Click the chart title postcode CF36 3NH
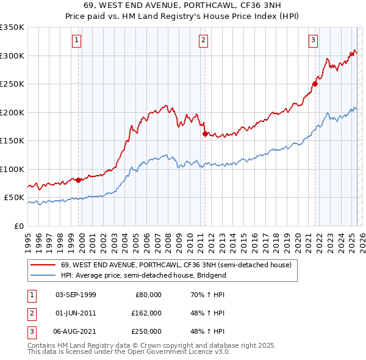point(260,5)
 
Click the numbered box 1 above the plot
point(77,41)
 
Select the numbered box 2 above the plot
point(203,41)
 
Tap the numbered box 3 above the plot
point(312,41)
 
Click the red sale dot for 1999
point(79,180)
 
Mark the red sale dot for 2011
point(204,134)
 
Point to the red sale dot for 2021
point(315,84)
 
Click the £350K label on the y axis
point(12,27)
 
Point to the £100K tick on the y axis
point(12,169)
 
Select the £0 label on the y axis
point(18,226)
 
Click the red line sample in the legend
point(43,265)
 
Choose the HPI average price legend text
point(143,275)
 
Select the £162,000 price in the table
point(146,313)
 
